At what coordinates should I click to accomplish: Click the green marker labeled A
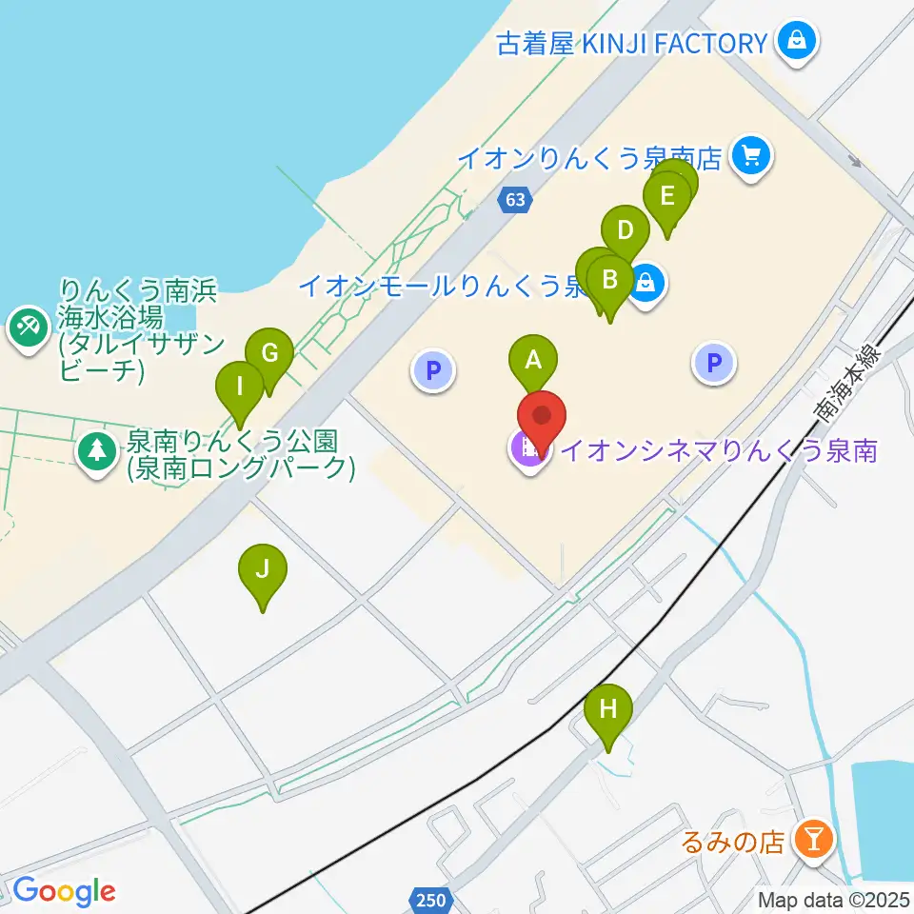pos(533,361)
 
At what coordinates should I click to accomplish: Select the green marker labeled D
pos(626,231)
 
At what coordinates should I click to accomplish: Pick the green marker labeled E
pos(666,197)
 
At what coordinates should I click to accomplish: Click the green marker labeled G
pos(269,355)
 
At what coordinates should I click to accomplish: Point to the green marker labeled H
pos(608,709)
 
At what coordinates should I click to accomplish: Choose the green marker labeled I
pos(239,387)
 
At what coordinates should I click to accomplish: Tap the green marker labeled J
pos(264,570)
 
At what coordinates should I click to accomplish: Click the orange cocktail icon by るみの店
pos(814,839)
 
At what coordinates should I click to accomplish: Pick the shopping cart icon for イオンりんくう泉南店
pos(752,155)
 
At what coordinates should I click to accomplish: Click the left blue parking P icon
pos(433,370)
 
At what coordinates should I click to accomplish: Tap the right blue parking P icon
pos(714,362)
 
